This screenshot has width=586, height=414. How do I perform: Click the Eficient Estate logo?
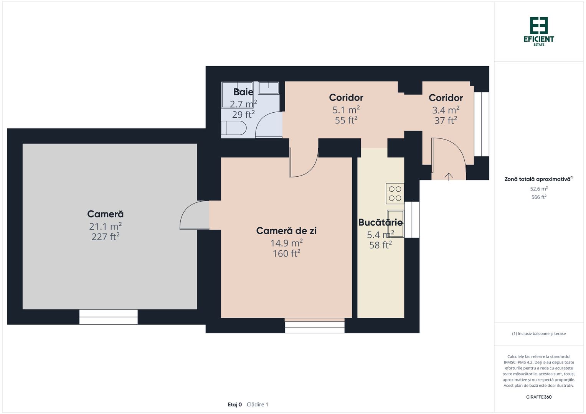(x=539, y=31)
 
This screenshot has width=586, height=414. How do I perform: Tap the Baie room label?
(x=243, y=92)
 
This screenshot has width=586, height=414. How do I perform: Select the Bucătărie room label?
(x=380, y=222)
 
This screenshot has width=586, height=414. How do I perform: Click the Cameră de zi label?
(x=286, y=231)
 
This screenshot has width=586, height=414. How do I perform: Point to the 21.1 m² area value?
(x=105, y=226)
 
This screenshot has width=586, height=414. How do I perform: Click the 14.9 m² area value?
(x=286, y=243)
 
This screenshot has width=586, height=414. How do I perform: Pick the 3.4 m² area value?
(x=446, y=110)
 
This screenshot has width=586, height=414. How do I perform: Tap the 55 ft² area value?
(x=346, y=120)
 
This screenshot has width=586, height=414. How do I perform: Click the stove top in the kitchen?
(x=395, y=194)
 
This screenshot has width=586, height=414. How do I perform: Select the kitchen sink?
(x=396, y=224)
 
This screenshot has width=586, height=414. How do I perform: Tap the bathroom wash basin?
(x=268, y=88)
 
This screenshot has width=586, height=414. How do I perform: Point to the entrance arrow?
(x=449, y=177)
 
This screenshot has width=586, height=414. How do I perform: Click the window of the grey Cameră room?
(x=108, y=317)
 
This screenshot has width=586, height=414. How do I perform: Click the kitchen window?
(x=412, y=220)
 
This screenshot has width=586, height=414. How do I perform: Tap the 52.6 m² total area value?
(x=539, y=189)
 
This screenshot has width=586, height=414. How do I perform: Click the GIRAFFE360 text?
(x=539, y=397)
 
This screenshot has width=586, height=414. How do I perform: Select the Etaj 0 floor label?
(x=234, y=404)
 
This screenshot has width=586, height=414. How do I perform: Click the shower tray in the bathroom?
(x=237, y=95)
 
